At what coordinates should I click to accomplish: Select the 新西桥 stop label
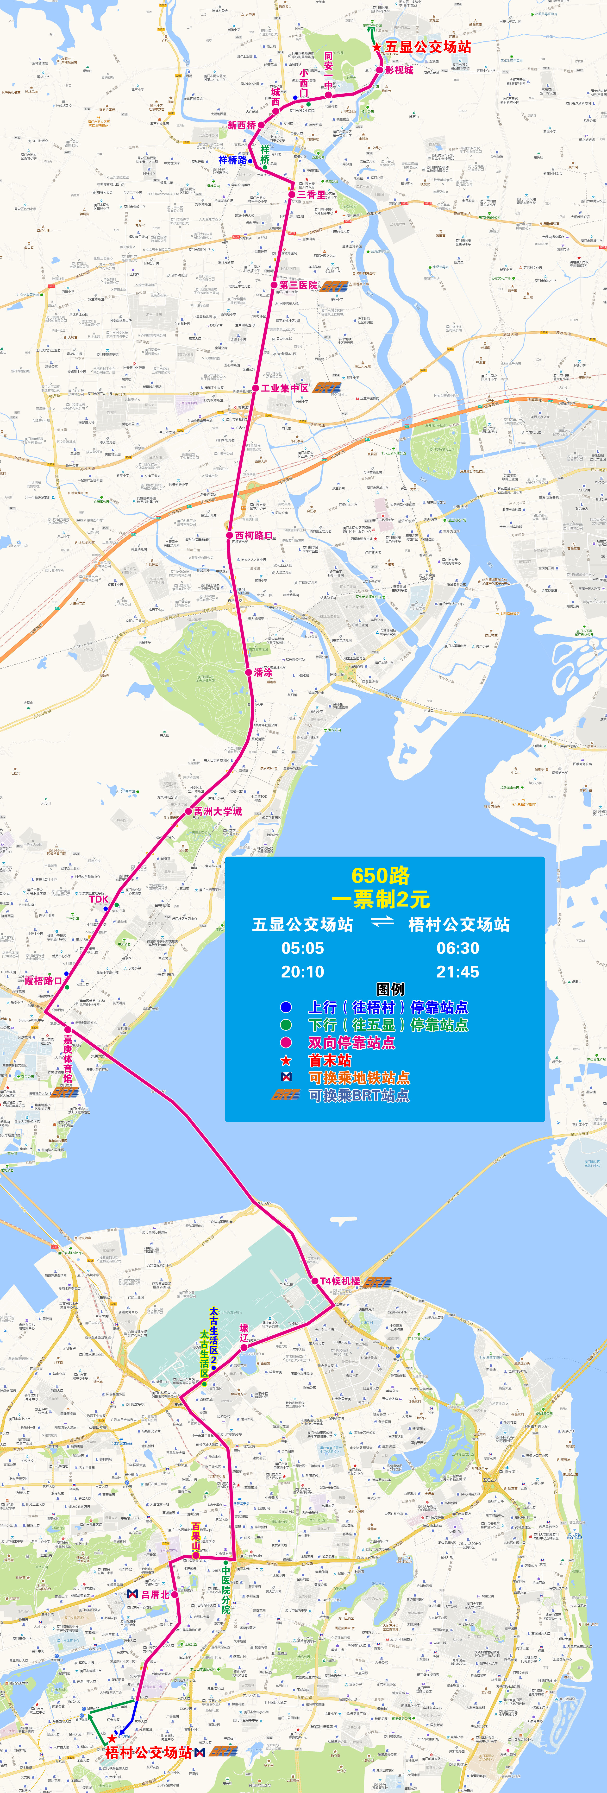point(242,125)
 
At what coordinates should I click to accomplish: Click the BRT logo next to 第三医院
point(334,286)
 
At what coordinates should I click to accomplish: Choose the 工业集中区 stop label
point(285,388)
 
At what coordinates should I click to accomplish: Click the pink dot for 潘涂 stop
point(249,672)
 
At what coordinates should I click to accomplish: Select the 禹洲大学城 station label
point(218,812)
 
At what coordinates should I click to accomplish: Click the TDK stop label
point(99,899)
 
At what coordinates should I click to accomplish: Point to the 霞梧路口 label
point(43,981)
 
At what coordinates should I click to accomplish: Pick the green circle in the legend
point(285,1025)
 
